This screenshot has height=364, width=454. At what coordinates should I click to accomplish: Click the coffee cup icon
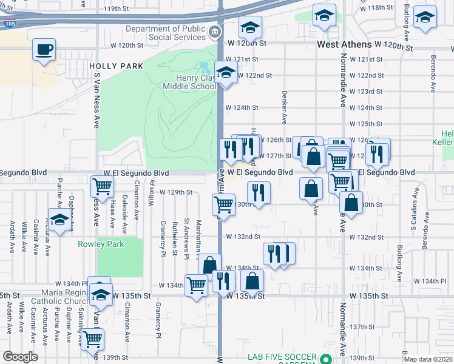(44, 49)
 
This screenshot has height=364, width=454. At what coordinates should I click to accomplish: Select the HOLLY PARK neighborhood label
(116, 66)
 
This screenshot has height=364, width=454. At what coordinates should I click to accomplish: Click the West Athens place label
(344, 45)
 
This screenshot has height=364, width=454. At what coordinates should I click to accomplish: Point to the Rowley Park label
(101, 244)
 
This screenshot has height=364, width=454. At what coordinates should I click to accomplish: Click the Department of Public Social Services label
(166, 33)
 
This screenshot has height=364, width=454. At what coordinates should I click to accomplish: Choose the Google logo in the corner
(20, 357)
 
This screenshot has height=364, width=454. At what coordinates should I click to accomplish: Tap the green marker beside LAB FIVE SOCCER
(326, 358)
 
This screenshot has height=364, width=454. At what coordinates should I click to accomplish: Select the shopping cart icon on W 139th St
(92, 340)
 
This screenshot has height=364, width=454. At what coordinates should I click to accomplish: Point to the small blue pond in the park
(204, 66)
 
